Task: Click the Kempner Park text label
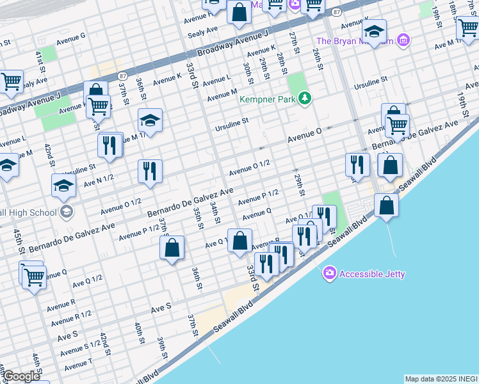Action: [x=269, y=99]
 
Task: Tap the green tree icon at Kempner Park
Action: [x=306, y=98]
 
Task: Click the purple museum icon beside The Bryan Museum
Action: [x=403, y=41]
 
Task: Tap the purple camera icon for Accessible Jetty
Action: [x=330, y=273]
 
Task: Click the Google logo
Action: [x=20, y=376]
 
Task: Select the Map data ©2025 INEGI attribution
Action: [x=441, y=379]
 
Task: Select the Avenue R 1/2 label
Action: [x=71, y=318]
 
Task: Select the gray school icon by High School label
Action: [x=66, y=212]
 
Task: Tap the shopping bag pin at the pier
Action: [x=387, y=205]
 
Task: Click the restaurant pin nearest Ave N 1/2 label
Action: [x=150, y=171]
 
